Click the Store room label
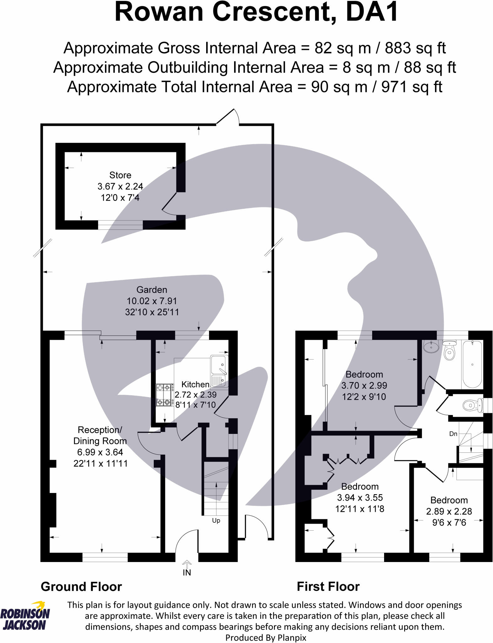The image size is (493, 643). tap(120, 175)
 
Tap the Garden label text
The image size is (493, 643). tap(152, 290)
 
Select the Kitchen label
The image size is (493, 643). tap(195, 384)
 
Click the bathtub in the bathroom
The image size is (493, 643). tap(472, 364)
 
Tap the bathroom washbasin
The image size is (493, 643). tap(431, 347)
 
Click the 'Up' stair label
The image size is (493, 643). tap(216, 521)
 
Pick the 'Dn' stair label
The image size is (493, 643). tap(453, 434)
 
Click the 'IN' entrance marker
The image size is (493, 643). tap(187, 572)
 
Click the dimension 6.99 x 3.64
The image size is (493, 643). tap(100, 452)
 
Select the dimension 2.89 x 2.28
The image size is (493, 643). tap(449, 511)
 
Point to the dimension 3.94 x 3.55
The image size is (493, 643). tap(360, 498)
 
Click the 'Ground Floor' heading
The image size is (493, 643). tap(81, 586)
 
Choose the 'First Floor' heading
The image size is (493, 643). tap(328, 586)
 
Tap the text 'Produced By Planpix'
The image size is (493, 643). tap(266, 638)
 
